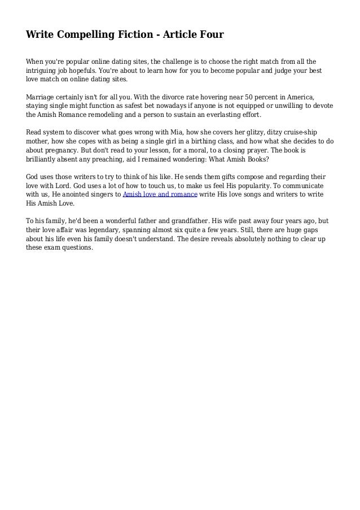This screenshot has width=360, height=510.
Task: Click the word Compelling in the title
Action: click(x=86, y=35)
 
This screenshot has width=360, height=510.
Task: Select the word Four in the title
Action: click(x=210, y=35)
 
